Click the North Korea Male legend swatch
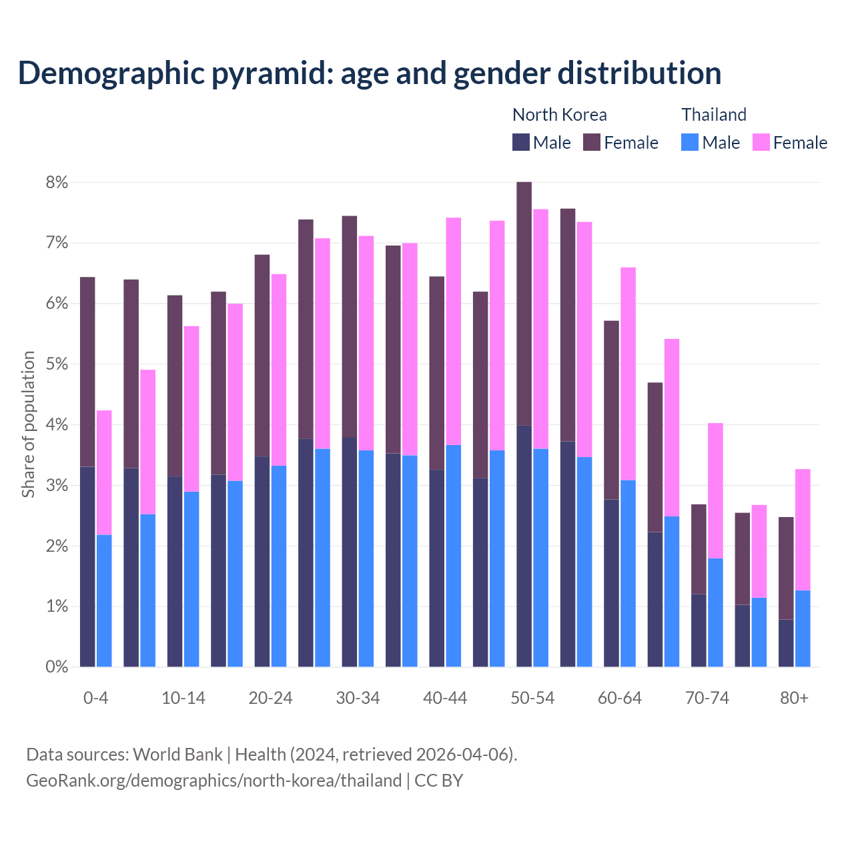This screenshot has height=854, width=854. (521, 142)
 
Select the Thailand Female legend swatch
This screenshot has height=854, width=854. (761, 142)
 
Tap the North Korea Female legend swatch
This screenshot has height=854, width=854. (592, 142)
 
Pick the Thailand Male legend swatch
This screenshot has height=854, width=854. (690, 142)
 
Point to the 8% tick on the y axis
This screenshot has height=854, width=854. (56, 182)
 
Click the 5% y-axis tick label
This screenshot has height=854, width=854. (56, 364)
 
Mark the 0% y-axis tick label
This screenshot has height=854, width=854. (56, 667)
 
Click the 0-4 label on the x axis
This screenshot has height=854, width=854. (95, 698)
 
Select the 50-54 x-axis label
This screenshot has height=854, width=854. (532, 698)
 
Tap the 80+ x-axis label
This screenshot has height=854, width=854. (794, 698)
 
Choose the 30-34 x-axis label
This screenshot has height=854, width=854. (358, 698)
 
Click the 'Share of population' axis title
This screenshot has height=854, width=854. (28, 424)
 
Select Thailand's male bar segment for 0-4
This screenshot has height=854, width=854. (104, 600)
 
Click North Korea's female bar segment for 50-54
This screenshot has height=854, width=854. (524, 304)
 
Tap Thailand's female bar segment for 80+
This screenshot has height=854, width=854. (803, 530)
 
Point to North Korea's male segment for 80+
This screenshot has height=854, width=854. (786, 643)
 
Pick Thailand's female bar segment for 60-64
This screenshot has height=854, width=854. (628, 374)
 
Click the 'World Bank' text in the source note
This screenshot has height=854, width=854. (177, 755)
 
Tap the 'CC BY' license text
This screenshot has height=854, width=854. (438, 781)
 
